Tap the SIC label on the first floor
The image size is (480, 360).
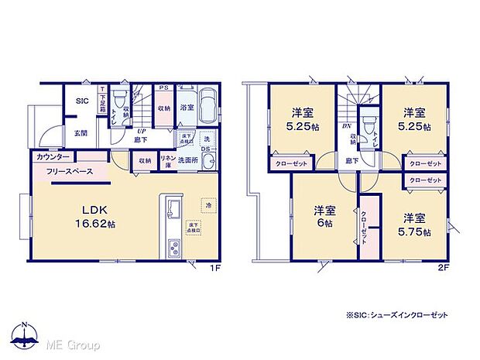click(82, 101)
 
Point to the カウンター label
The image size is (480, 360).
click(52, 157)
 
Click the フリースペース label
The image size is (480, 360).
click(70, 171)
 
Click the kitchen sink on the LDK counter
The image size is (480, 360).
click(173, 210)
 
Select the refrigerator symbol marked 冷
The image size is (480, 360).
click(207, 204)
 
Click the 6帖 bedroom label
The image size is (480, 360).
click(324, 216)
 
